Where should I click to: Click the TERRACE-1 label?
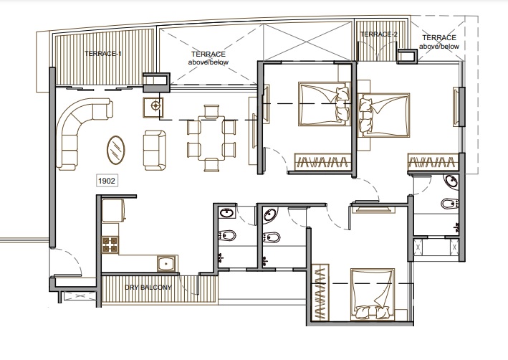pyautogui.click(x=103, y=54)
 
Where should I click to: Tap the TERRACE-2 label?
pyautogui.click(x=378, y=34)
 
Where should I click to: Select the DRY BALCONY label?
pyautogui.click(x=148, y=288)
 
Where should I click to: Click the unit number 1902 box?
pyautogui.click(x=107, y=181)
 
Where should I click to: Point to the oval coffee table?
pyautogui.click(x=115, y=150)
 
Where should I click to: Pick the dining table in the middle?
pyautogui.click(x=211, y=138)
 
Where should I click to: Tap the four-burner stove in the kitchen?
pyautogui.click(x=110, y=245)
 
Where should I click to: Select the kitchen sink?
pyautogui.click(x=167, y=264)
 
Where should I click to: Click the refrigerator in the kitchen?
pyautogui.click(x=113, y=211)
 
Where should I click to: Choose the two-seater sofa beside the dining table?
pyautogui.click(x=155, y=150)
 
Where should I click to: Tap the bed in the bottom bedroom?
pyautogui.click(x=373, y=294)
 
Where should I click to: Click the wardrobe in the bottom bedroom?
pyautogui.click(x=320, y=292)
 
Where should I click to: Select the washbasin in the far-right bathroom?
pyautogui.click(x=451, y=181)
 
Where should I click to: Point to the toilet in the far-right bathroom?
pyautogui.click(x=449, y=204)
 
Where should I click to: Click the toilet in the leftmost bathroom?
pyautogui.click(x=227, y=235)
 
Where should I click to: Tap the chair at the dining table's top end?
pyautogui.click(x=211, y=110)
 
